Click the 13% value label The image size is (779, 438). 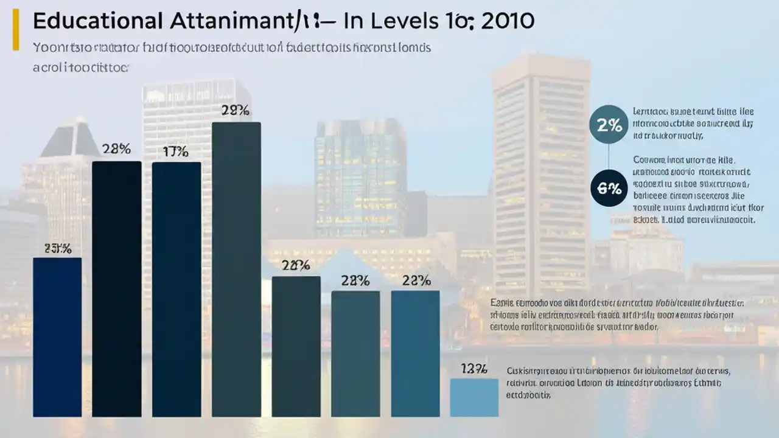(x=474, y=369)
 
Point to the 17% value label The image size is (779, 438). (x=176, y=152)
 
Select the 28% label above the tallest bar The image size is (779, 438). (x=236, y=111)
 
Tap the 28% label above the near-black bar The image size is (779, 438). (x=116, y=150)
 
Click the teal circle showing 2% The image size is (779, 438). (x=609, y=126)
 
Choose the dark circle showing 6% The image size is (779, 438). (x=609, y=189)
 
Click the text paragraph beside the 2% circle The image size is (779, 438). (x=693, y=124)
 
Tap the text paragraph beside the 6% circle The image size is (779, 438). (x=694, y=190)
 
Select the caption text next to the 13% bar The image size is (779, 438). (x=618, y=382)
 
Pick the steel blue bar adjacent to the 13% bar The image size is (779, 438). (x=415, y=353)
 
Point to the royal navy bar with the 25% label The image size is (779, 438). (x=57, y=337)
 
